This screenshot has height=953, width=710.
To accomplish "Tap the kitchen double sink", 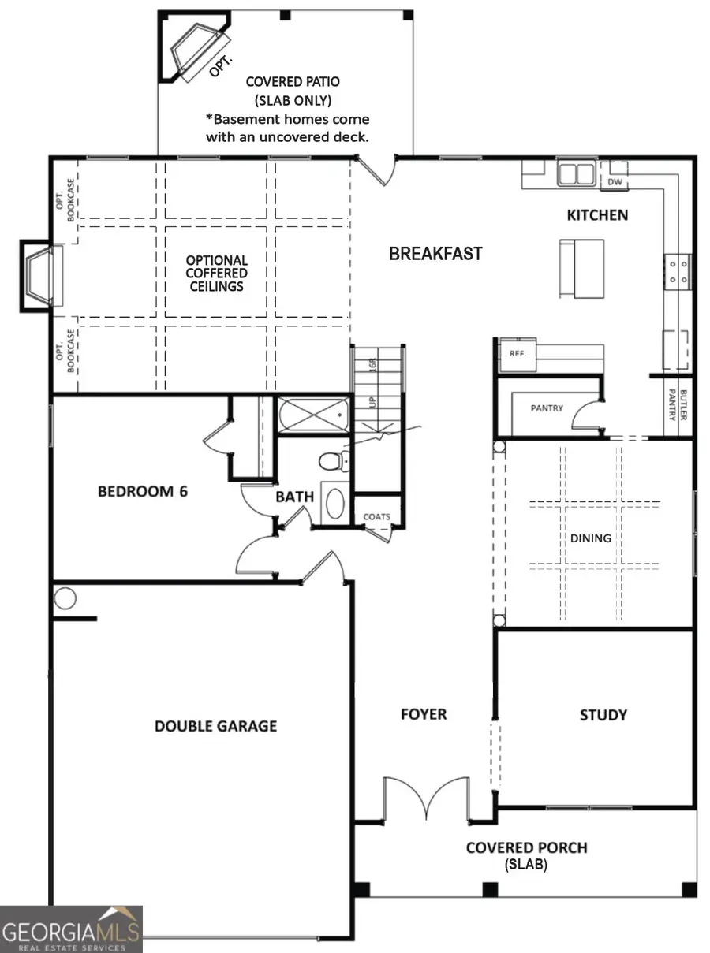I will (x=577, y=173).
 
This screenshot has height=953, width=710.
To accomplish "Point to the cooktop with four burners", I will (x=678, y=270).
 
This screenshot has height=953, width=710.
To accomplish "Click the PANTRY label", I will (x=547, y=408).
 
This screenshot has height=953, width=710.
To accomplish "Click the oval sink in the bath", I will (x=336, y=504).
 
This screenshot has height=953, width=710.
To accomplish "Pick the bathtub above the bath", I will (x=313, y=415).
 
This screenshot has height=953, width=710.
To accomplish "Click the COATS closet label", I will (x=376, y=517).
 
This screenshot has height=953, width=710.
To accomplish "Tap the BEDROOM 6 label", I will (x=143, y=492).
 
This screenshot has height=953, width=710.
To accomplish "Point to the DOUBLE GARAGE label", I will (x=215, y=725).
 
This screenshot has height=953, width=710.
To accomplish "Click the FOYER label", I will (x=424, y=714).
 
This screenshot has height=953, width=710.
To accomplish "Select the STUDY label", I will (x=603, y=715).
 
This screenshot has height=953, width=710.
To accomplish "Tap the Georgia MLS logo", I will (x=71, y=929).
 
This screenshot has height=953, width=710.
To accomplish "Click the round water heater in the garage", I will (x=65, y=600).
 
